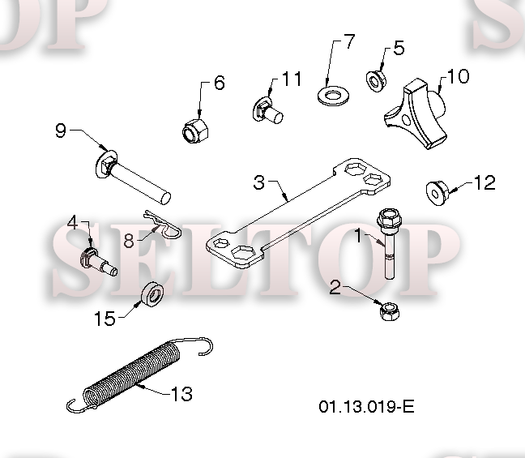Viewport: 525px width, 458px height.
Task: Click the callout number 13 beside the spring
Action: tap(181, 394)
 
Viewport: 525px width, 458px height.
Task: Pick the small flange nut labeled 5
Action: tap(377, 80)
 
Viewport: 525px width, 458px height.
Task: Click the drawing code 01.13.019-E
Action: tap(366, 405)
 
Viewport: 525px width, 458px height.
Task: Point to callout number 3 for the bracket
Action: tap(258, 182)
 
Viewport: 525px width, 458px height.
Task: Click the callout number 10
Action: tap(458, 76)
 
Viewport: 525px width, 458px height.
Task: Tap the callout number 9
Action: tap(60, 130)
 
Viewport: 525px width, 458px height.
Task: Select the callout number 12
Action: tap(484, 183)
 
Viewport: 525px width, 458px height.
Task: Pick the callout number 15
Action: tap(105, 319)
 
